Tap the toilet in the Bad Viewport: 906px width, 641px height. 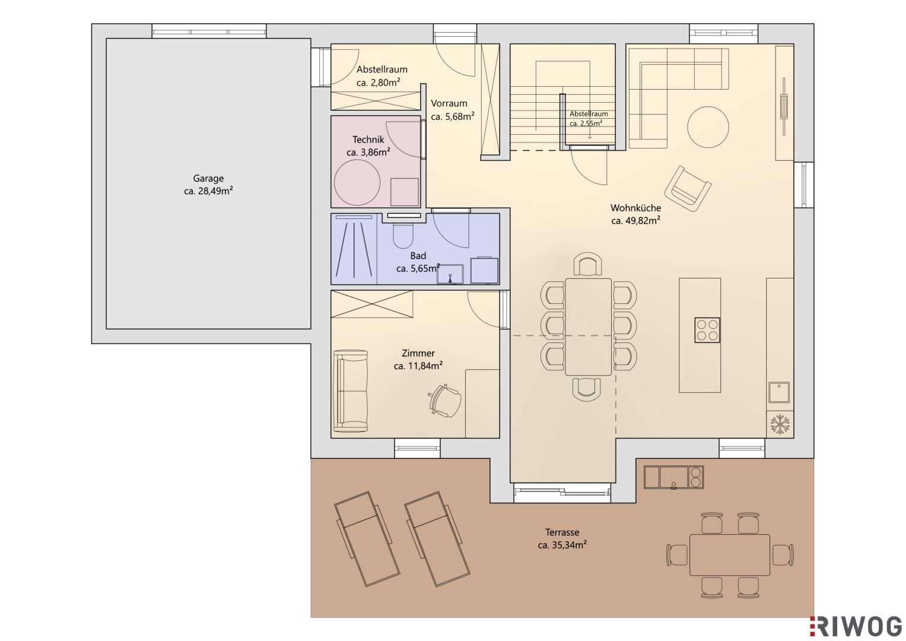pos(403,236)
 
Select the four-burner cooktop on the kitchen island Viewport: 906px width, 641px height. pos(707,330)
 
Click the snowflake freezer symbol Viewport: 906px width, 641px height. pos(780,424)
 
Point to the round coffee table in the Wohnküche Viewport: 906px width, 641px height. pos(708,126)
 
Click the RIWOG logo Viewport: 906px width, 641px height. pos(856,626)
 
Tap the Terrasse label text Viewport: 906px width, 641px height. pos(562,532)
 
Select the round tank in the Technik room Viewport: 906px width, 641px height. pos(357,183)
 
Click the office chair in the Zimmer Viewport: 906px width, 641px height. pos(445,401)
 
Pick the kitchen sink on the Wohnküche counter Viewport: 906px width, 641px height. pos(779,392)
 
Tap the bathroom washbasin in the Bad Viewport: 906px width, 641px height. pos(450,274)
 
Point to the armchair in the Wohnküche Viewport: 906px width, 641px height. pos(688,189)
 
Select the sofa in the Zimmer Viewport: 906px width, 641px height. pos(351,391)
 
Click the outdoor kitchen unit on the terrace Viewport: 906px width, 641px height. pos(674,477)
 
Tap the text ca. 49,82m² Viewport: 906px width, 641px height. pos(636,221)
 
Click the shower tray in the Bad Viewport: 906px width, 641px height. pos(354,249)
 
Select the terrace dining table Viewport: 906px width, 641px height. pos(730,554)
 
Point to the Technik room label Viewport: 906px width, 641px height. pos(368,139)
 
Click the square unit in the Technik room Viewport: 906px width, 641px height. pos(405,192)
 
